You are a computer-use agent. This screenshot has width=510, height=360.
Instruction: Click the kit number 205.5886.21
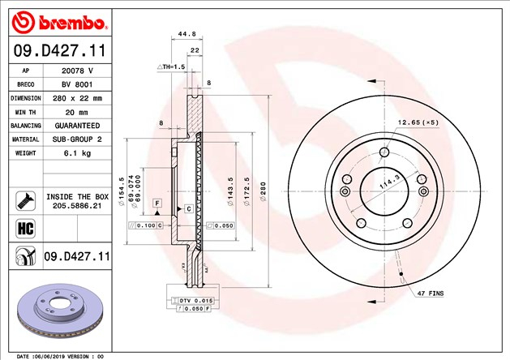(77, 207)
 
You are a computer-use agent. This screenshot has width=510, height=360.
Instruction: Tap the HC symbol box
(24, 229)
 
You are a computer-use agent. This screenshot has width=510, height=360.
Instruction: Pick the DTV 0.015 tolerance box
(191, 301)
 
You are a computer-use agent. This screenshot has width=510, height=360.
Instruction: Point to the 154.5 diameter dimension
(121, 188)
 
